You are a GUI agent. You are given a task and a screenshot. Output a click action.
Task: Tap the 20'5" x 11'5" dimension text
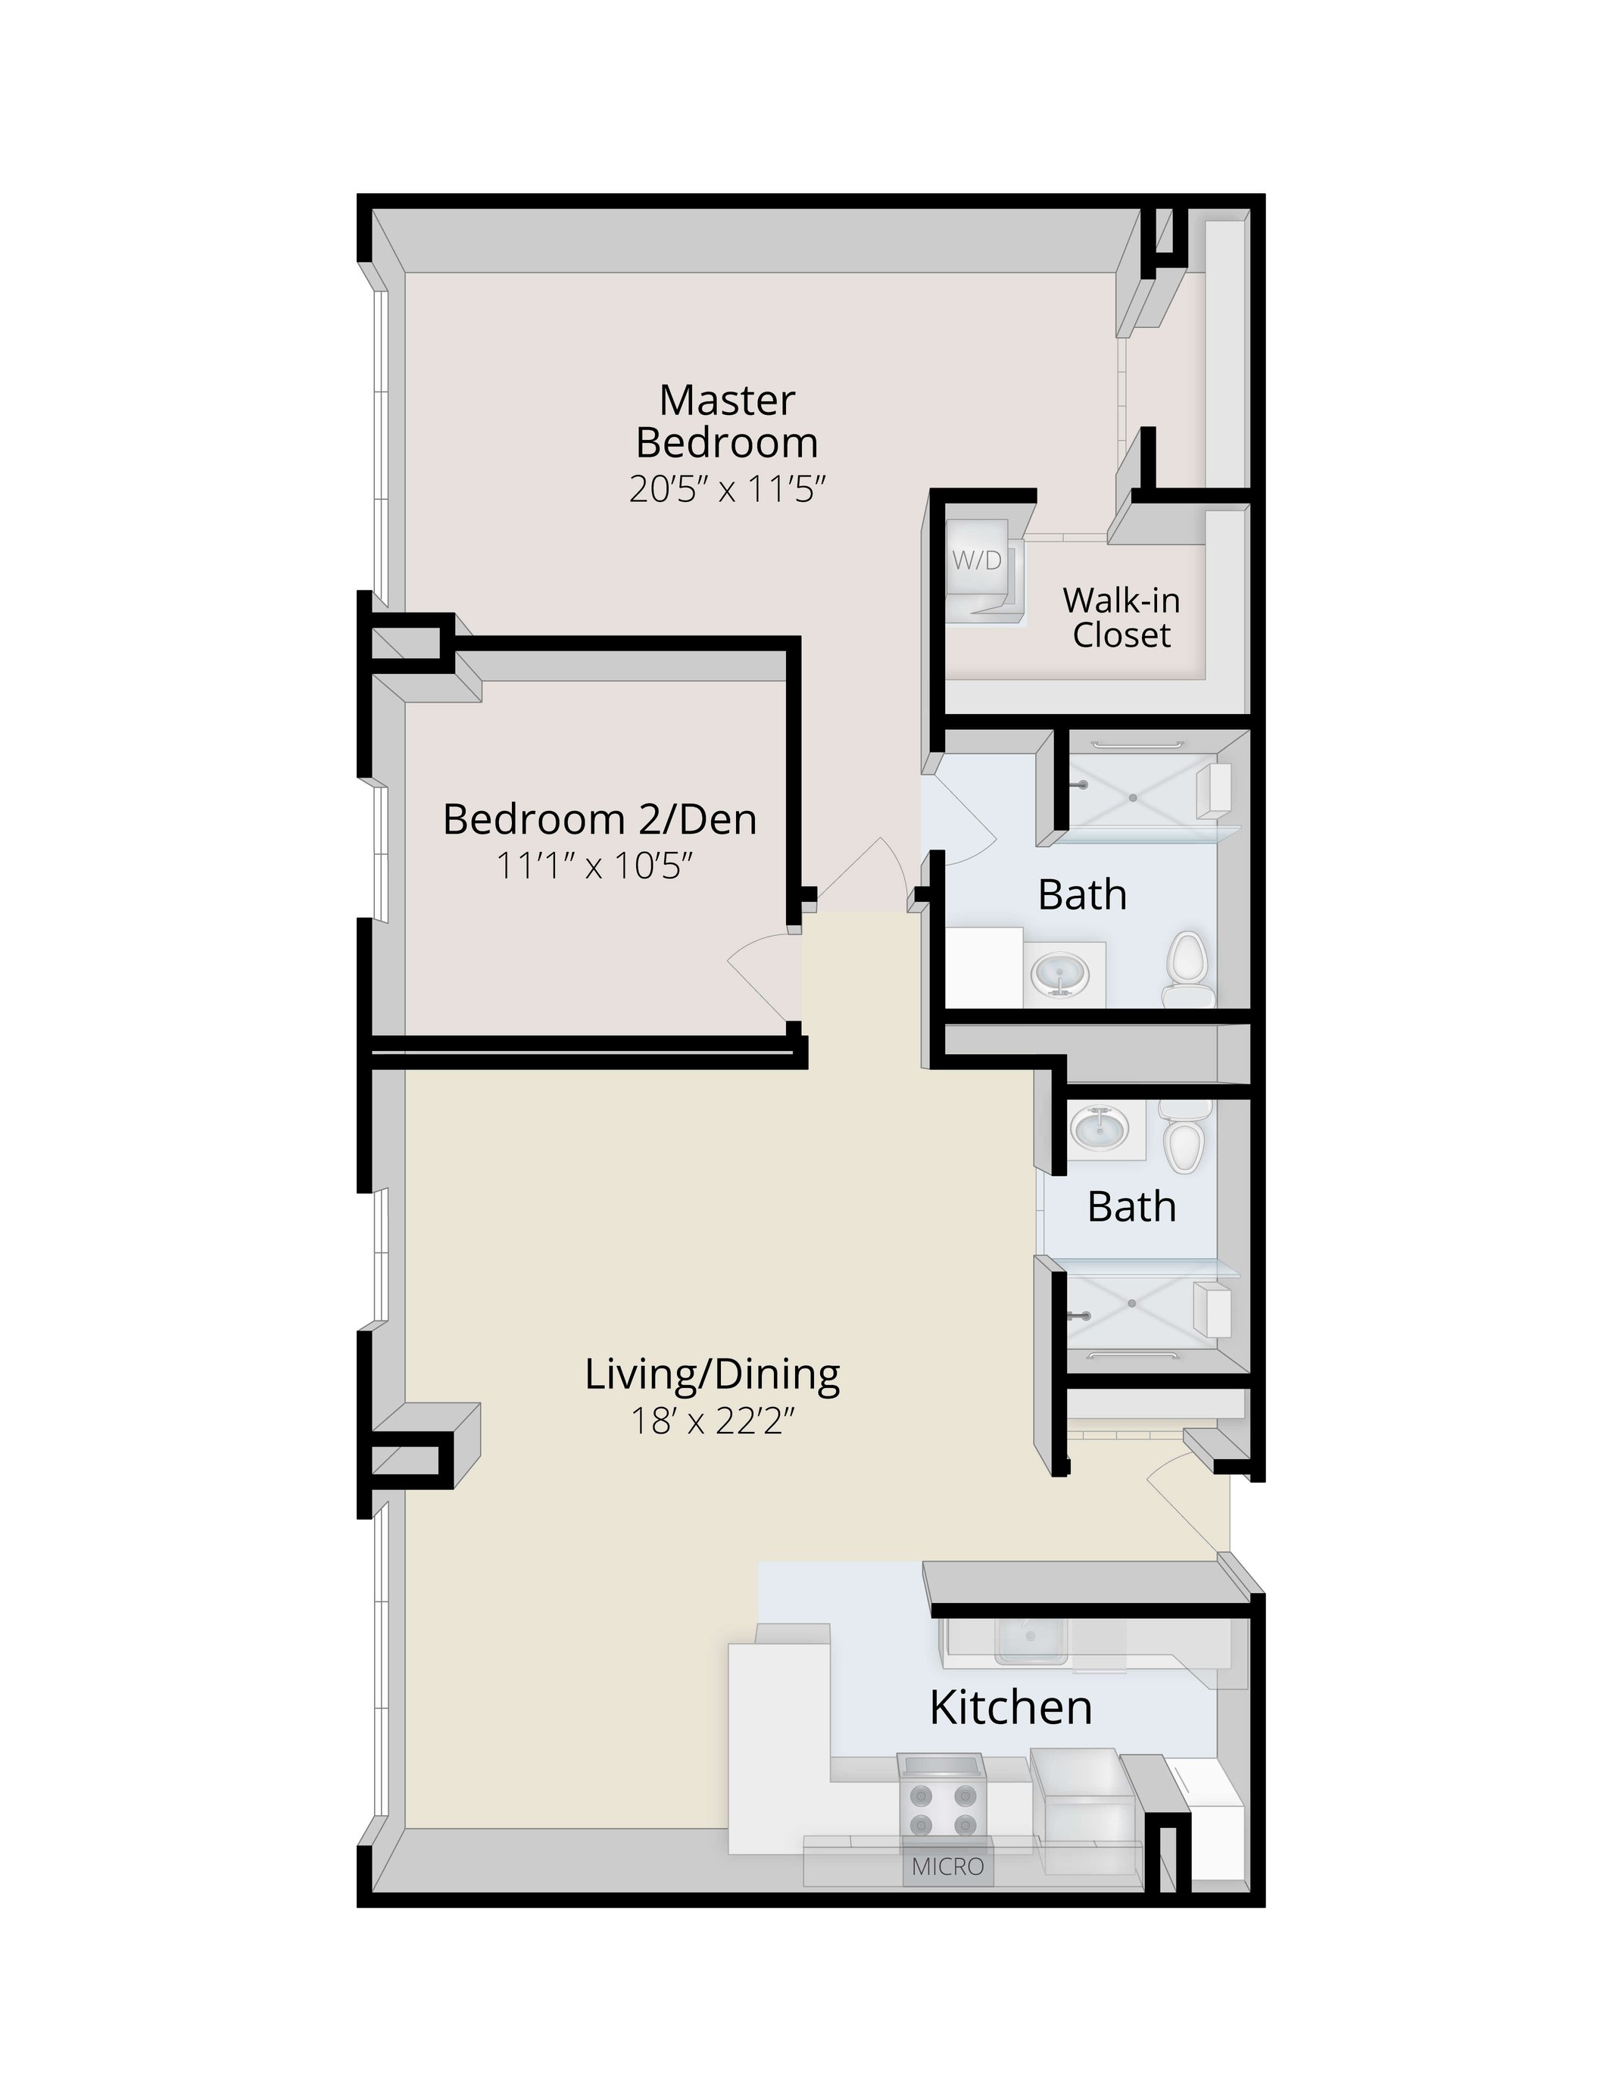click(728, 490)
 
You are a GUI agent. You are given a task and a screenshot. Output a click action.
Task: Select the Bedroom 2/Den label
click(600, 819)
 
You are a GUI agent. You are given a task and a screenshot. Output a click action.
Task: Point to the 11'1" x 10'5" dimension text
click(594, 866)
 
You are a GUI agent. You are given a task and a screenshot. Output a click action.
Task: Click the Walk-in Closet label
click(1121, 617)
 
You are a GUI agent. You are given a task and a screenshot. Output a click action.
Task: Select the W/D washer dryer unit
click(978, 567)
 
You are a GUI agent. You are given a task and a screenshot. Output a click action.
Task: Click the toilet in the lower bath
click(1183, 1141)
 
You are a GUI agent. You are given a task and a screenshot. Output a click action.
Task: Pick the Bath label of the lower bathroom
click(1131, 1206)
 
